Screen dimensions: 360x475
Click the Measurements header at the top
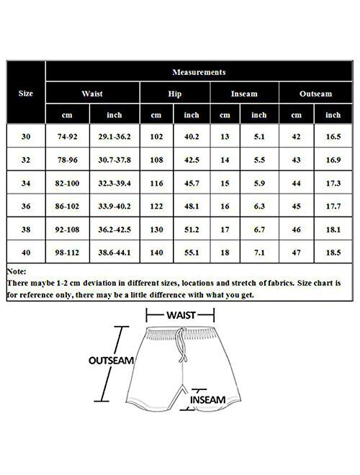[199, 73]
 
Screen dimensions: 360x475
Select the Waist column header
[92, 94]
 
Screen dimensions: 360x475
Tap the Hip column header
[175, 94]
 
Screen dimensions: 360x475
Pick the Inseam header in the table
[244, 94]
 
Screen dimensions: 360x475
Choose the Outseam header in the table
[315, 94]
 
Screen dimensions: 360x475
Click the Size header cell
[24, 94]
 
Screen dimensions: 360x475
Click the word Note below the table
[17, 273]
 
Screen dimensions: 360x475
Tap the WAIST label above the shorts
[181, 315]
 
